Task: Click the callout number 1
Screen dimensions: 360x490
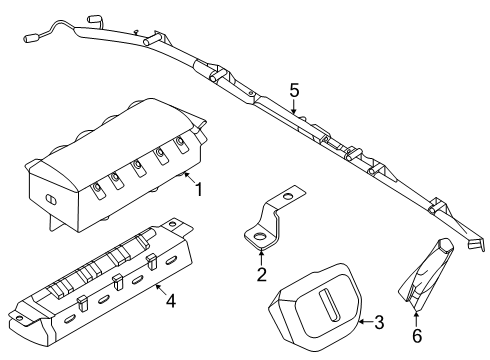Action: point(199,188)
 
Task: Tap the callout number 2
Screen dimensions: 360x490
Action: point(262,274)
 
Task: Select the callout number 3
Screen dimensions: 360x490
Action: point(378,322)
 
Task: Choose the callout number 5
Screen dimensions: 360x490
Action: point(294,91)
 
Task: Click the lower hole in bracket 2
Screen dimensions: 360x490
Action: point(258,237)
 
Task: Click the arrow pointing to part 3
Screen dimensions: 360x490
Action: point(363,322)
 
